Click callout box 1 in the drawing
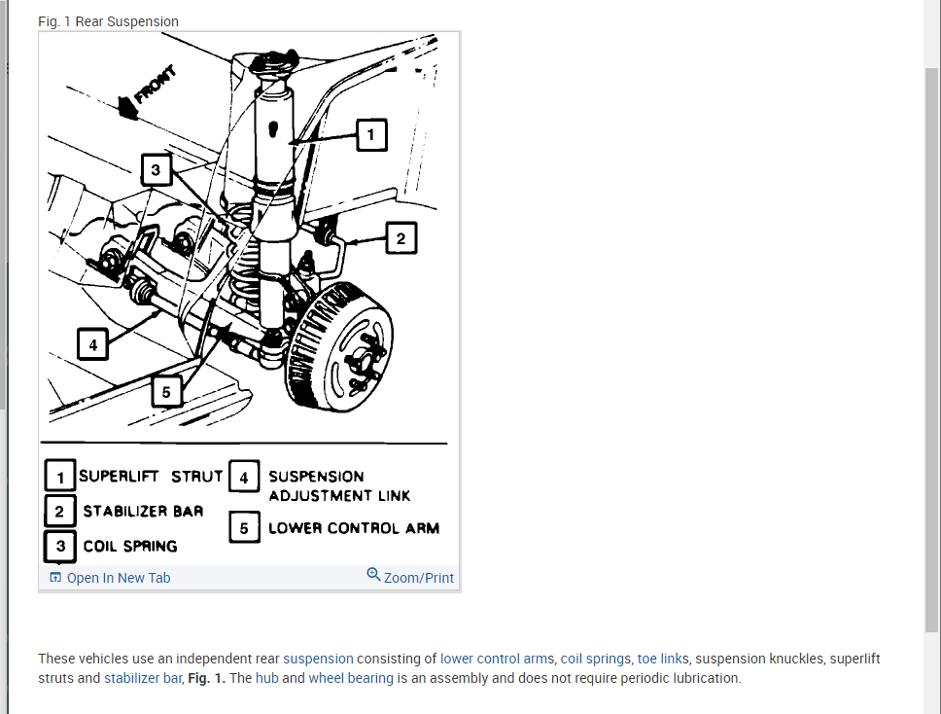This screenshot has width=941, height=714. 370,135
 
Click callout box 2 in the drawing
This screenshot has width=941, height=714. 401,238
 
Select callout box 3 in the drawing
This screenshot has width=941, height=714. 157,171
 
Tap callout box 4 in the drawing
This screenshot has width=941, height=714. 92,344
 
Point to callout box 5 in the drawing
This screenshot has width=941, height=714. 166,392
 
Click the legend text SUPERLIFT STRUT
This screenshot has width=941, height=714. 151,477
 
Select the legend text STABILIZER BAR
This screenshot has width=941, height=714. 143,511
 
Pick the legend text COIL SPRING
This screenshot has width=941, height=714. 130,546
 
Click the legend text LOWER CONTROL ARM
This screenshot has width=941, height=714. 354,528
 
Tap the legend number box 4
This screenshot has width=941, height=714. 244,477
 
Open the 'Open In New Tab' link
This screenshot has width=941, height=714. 118,578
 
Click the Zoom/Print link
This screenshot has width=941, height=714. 419,578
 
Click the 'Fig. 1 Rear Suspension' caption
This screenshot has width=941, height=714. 108,21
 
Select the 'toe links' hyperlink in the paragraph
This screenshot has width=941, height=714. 662,659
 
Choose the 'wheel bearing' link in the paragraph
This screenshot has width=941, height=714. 351,678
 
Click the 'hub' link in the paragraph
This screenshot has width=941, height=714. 266,678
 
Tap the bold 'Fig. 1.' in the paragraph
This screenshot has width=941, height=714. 207,678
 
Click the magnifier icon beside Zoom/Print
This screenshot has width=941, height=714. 373,575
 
